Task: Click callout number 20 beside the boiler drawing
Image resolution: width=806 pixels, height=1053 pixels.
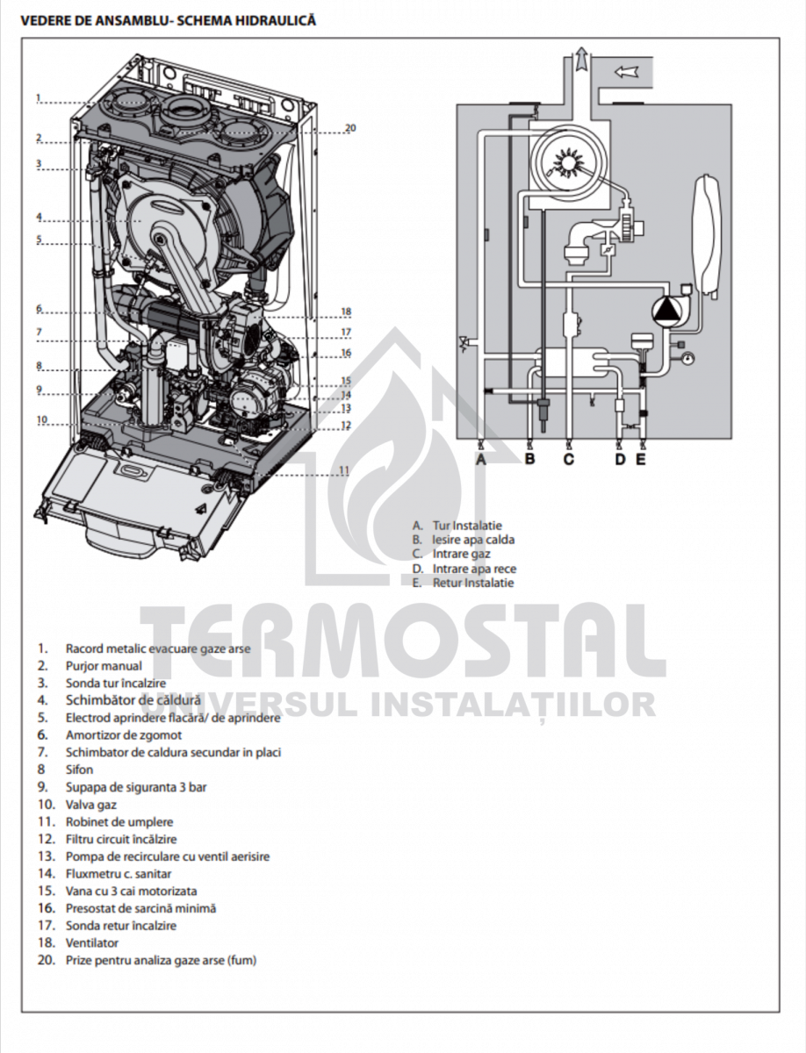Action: [x=350, y=128]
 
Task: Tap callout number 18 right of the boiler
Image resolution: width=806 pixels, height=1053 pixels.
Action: [x=346, y=312]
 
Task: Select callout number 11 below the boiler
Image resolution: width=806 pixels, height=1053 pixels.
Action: [x=344, y=471]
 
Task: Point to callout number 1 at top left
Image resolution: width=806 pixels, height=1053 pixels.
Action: [x=39, y=97]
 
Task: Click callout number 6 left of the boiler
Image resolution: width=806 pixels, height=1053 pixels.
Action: [x=39, y=309]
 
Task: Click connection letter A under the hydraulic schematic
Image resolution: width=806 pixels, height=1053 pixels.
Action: [x=481, y=458]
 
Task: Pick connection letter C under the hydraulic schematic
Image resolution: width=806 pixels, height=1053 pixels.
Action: [x=568, y=458]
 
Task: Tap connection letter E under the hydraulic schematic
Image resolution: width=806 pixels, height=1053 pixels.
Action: [x=641, y=458]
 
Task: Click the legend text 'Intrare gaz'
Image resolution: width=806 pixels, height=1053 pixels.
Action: [x=461, y=555]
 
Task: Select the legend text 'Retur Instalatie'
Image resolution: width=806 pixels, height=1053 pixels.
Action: [x=473, y=583]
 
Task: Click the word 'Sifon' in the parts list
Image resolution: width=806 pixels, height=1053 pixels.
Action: [x=79, y=770]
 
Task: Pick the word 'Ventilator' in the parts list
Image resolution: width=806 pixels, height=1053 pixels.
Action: [x=92, y=942]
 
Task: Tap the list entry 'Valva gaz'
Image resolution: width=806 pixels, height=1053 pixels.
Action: [x=90, y=804]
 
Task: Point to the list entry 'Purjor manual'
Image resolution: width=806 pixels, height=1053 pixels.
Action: [x=103, y=666]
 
